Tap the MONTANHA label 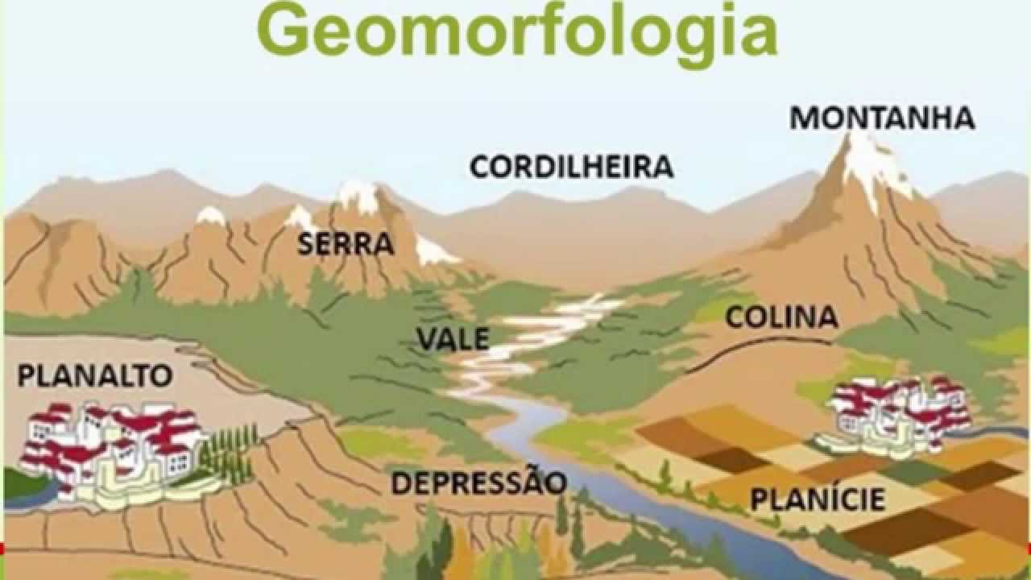(x=882, y=118)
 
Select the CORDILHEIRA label (x=571, y=167)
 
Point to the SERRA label (x=346, y=243)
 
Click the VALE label (x=453, y=338)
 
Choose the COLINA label (x=781, y=317)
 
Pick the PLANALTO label (x=95, y=375)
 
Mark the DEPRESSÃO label (x=479, y=483)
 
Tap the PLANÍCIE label (x=818, y=499)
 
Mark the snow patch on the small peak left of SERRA (x=211, y=215)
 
